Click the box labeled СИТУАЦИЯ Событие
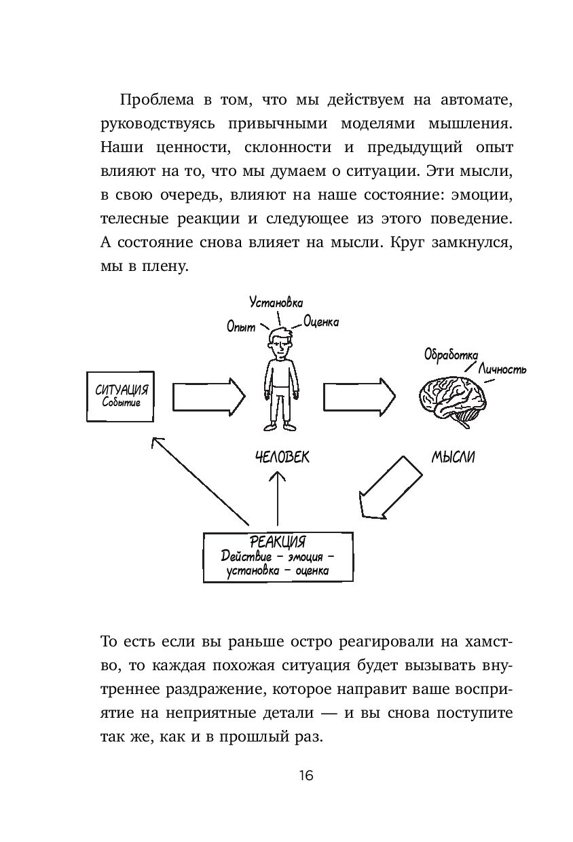pyautogui.click(x=122, y=396)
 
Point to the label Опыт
pyautogui.click(x=241, y=327)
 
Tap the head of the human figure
pyautogui.click(x=279, y=343)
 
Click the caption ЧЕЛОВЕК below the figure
pyautogui.click(x=280, y=457)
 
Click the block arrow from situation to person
pyautogui.click(x=208, y=395)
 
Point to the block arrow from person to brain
pyautogui.click(x=358, y=395)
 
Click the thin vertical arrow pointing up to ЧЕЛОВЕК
pyautogui.click(x=278, y=499)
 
